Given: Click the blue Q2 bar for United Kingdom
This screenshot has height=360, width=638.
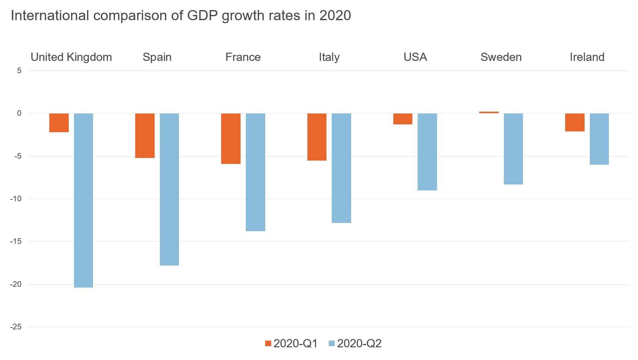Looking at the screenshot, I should (83, 200).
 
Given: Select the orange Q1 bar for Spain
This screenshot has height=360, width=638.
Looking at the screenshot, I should (145, 136).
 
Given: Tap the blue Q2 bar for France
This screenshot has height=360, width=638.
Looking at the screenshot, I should (255, 172).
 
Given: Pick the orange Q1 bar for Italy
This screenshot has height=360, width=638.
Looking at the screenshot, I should (317, 137).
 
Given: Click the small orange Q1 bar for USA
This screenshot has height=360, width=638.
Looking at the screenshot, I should (403, 119).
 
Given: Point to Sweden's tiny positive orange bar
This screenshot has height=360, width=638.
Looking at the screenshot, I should (489, 112).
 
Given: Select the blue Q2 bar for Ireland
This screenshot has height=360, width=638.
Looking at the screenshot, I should (599, 139).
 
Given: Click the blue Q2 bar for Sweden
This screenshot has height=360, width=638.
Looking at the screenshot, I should (513, 149).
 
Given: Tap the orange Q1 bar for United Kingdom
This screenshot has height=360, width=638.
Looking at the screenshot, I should (59, 123).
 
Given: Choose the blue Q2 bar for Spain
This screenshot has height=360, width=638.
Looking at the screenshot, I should (169, 189).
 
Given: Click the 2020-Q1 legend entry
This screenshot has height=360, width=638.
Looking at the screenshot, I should (291, 344).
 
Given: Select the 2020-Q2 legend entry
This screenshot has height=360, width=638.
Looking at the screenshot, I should (355, 344).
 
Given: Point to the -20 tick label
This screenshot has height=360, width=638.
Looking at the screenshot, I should (16, 284).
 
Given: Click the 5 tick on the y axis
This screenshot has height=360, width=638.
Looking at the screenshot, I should (19, 71).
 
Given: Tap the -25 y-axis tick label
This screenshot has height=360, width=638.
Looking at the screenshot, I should (16, 327).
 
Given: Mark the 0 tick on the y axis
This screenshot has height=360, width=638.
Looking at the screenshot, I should (19, 113).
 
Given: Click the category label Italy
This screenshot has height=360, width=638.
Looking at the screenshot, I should (329, 57).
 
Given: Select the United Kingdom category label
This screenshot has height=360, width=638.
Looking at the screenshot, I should (71, 57).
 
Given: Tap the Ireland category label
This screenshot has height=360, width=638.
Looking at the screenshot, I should (587, 57).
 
